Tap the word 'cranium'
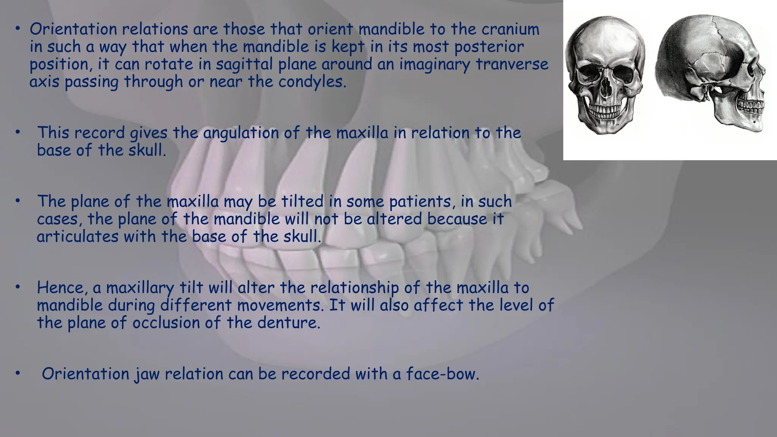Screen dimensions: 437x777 pyautogui.click(x=510, y=29)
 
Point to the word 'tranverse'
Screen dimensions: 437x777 pyautogui.click(x=512, y=64)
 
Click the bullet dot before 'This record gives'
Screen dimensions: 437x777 pyautogui.click(x=17, y=132)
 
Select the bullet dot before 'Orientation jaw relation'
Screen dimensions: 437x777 pyautogui.click(x=17, y=374)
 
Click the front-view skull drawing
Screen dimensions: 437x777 pyautogui.click(x=605, y=76)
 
